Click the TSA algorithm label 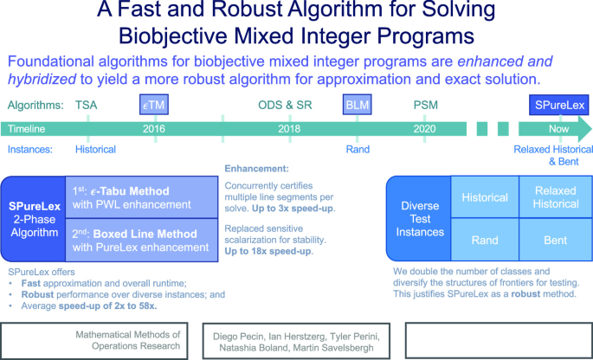(87, 104)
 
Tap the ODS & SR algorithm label (287, 104)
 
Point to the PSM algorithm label (425, 104)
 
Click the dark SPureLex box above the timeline (558, 104)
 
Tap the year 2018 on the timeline (288, 128)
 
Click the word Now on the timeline (558, 128)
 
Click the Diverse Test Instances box (418, 219)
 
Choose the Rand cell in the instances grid (485, 241)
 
